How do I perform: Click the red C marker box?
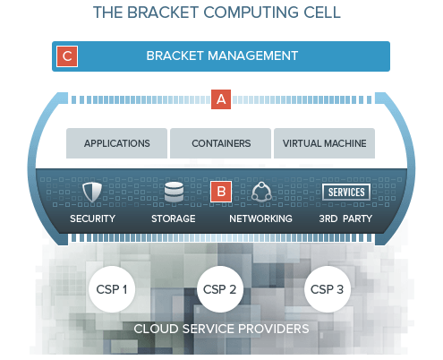click(67, 56)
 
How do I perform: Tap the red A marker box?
click(221, 99)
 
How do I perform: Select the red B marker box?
click(221, 192)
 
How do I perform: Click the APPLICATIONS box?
click(116, 143)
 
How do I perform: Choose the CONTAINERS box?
click(220, 143)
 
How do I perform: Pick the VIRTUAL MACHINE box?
click(324, 143)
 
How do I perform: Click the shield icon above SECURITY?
click(92, 193)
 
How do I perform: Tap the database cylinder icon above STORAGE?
click(174, 192)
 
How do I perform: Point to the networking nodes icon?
click(261, 192)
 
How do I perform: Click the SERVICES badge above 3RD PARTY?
click(346, 192)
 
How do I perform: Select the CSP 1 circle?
click(112, 289)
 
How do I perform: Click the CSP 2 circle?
click(220, 289)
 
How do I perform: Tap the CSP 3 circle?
click(328, 289)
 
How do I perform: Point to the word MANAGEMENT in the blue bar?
click(252, 56)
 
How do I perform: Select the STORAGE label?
click(174, 219)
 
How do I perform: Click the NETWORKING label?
click(260, 219)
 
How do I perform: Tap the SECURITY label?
click(92, 219)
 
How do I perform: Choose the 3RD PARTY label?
click(345, 219)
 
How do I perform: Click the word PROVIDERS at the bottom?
click(273, 329)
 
